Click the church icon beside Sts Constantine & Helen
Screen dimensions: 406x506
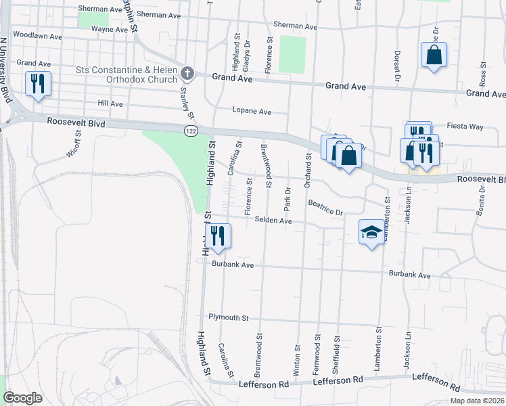[188, 73]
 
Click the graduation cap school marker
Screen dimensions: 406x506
[370, 233]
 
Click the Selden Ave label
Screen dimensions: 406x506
[273, 221]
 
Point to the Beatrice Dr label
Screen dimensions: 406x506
[325, 208]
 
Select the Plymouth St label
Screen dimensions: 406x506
[229, 317]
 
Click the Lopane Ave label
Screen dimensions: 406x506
[252, 111]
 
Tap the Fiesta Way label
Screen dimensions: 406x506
[465, 127]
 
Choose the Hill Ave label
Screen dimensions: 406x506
[110, 104]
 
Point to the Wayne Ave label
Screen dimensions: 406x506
[110, 30]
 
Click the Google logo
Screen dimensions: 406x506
[22, 398]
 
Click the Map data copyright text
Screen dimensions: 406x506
[477, 401]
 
